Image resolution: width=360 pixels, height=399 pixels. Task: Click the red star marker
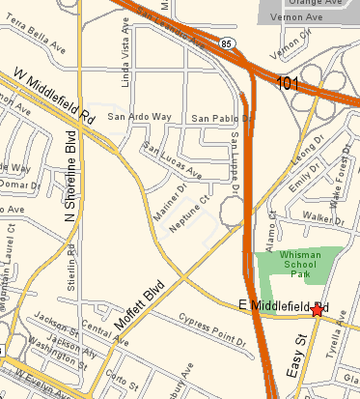318,309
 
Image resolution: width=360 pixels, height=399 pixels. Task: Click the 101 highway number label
288,85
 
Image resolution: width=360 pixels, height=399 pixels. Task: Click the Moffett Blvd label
141,299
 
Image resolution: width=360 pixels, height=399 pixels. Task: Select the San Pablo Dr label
215,119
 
